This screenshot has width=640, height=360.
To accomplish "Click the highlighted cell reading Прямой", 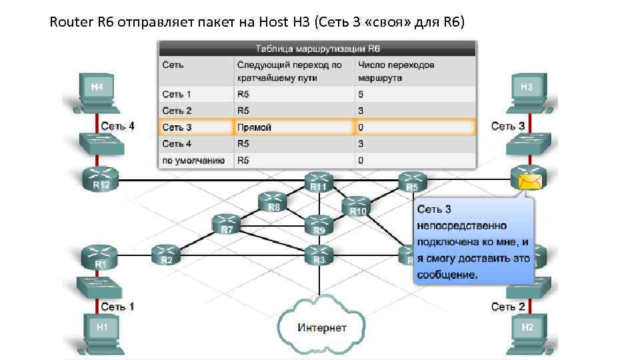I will pyautogui.click(x=293, y=127).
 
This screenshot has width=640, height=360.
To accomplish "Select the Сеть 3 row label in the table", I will pyautogui.click(x=177, y=127).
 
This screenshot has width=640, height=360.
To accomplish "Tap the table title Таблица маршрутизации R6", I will pyautogui.click(x=317, y=49).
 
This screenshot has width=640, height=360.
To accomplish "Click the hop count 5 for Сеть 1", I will pyautogui.click(x=361, y=95).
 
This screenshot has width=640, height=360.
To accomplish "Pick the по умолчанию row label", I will pyautogui.click(x=194, y=160).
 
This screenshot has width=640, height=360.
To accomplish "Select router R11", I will pyautogui.click(x=319, y=181).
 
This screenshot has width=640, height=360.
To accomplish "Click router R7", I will pyautogui.click(x=227, y=225).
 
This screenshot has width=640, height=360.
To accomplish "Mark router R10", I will pyautogui.click(x=358, y=206).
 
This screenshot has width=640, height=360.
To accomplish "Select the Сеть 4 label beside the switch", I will pyautogui.click(x=117, y=125).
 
